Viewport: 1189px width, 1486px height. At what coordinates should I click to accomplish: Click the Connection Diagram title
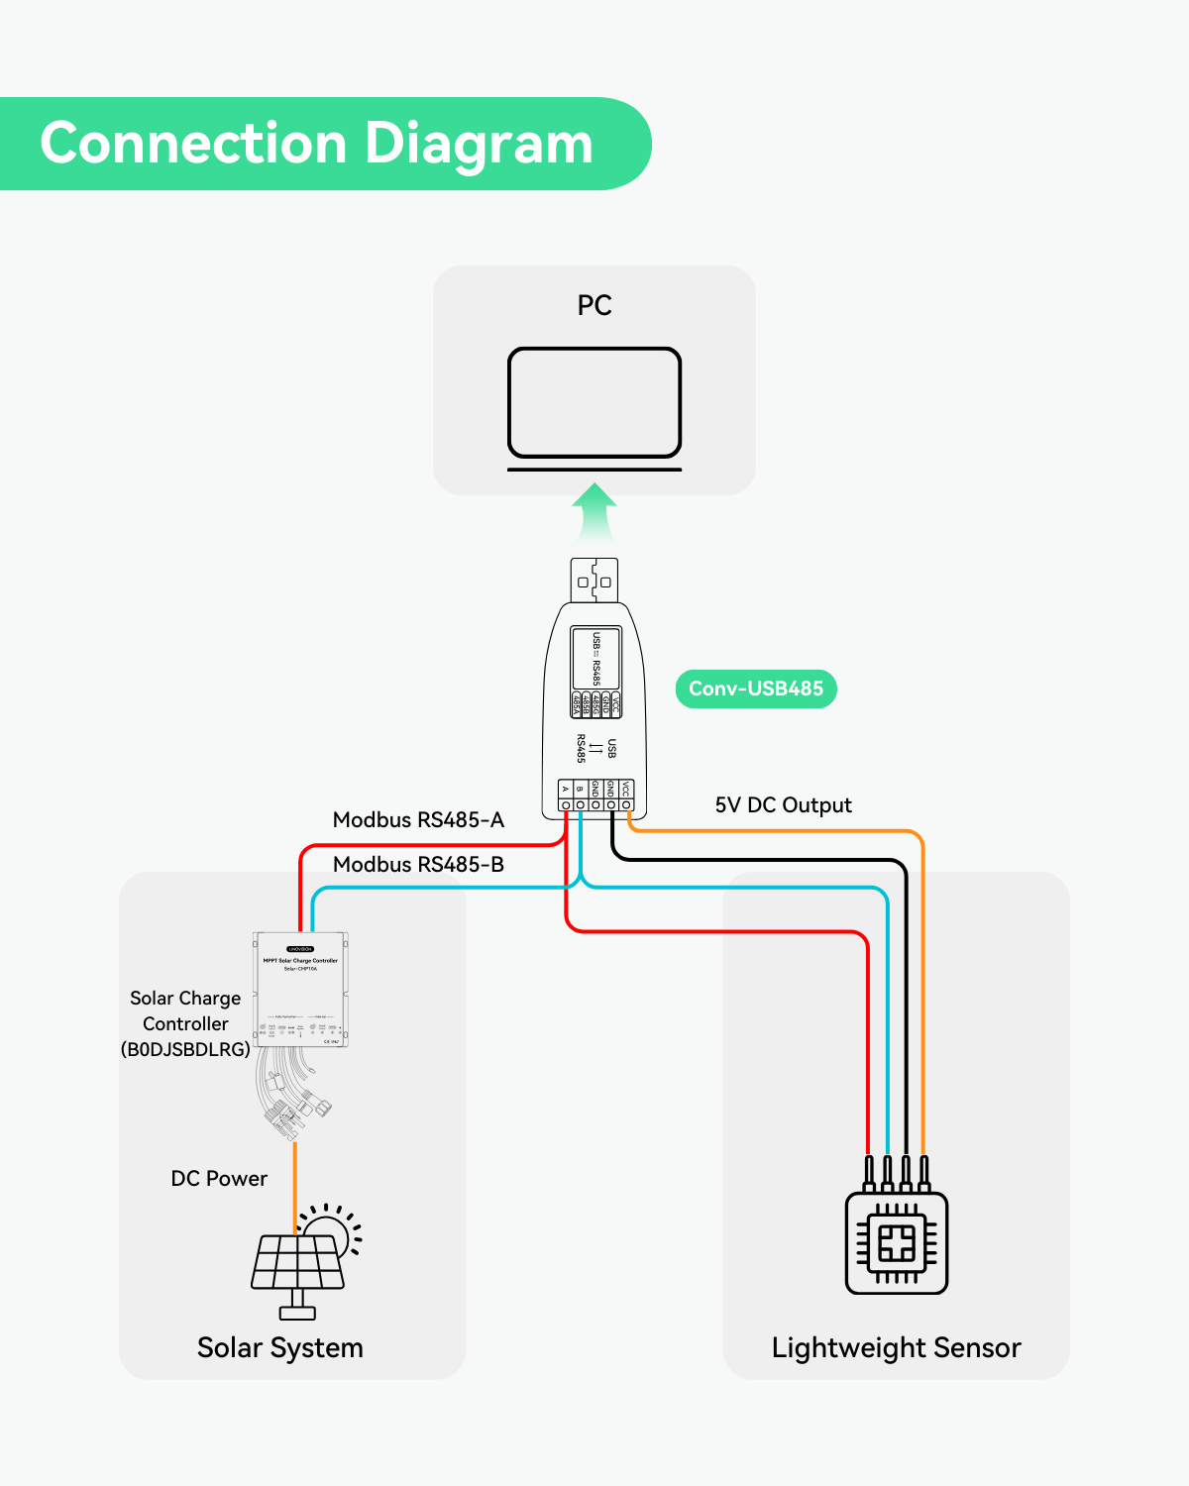(316, 144)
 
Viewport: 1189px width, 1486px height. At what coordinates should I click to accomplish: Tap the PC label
(594, 305)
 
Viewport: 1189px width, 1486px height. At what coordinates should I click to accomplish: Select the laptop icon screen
(594, 401)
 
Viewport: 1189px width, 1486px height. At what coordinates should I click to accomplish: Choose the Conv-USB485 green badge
(756, 689)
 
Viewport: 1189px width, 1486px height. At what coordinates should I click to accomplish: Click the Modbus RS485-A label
(418, 820)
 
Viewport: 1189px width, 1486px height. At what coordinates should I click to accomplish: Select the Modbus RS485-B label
(418, 865)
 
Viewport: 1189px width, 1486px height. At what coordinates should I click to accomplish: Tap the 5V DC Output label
(783, 805)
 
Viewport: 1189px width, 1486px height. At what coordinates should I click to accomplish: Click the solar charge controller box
(301, 989)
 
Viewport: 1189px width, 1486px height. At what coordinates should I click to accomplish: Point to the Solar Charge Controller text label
(185, 1023)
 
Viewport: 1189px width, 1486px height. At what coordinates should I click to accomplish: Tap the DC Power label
(219, 1179)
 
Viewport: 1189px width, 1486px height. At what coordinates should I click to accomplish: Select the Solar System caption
(280, 1348)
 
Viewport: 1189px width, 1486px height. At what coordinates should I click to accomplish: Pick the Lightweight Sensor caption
(896, 1348)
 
